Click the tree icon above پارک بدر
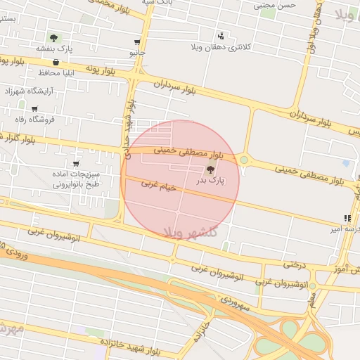[x=211, y=169]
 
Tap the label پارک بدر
[x=211, y=181]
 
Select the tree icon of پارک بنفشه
[x=54, y=37]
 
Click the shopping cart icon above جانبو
[x=136, y=42]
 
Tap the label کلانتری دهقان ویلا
[x=221, y=47]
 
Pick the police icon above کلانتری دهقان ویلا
[x=221, y=36]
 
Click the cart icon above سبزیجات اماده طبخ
[x=75, y=164]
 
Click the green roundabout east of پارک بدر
[x=244, y=160]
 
